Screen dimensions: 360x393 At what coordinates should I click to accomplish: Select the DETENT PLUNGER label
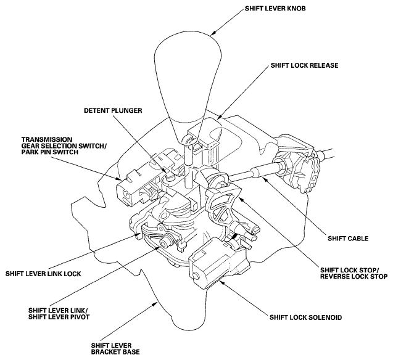[x=114, y=111]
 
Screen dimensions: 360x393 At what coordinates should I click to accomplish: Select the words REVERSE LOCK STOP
[x=352, y=277]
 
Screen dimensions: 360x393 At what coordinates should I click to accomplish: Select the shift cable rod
[x=254, y=174]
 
